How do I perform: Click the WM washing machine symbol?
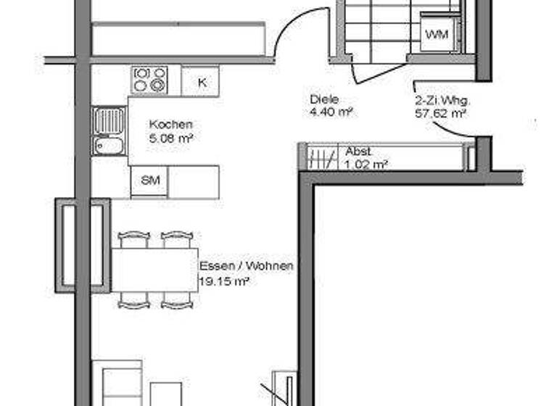[x=437, y=35]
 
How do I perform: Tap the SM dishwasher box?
[x=149, y=181]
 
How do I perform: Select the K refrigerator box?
[x=200, y=81]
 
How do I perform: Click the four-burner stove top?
[x=149, y=79]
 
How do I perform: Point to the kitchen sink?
[x=109, y=131]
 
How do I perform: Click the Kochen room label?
[x=170, y=125]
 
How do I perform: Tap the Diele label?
[x=324, y=100]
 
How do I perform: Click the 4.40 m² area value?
[x=331, y=112]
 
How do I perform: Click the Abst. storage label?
[x=358, y=152]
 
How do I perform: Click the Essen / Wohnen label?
[x=246, y=266]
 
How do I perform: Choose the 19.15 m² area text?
[x=224, y=281]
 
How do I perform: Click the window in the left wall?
[x=69, y=245]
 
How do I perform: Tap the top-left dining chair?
[x=133, y=239]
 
